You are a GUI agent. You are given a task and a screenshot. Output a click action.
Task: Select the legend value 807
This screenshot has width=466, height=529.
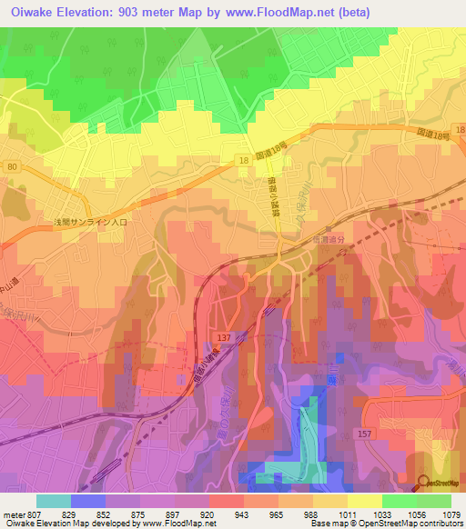tap(35, 514)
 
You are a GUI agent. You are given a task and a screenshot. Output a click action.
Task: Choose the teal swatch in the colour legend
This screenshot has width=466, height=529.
tap(54, 501)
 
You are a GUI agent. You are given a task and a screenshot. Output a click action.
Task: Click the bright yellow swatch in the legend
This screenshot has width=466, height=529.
tap(365, 501)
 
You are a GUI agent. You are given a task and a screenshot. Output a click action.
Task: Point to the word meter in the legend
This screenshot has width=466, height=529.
tap(13, 514)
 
